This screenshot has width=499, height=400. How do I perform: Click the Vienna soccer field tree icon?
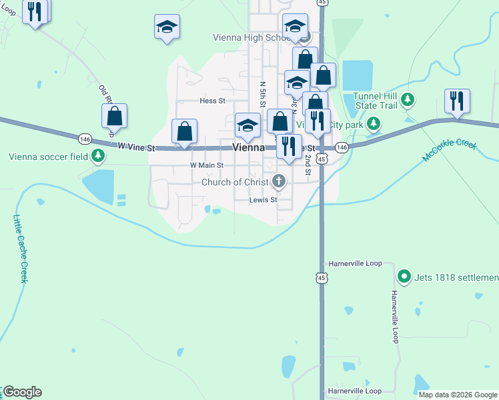[99, 156]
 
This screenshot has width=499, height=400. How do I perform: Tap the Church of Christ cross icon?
[279, 181]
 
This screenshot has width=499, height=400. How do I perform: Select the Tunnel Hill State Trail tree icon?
[408, 101]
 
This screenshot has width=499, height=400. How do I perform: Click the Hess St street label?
[213, 101]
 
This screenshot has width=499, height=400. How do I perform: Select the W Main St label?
[206, 165]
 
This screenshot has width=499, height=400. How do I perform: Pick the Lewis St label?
[263, 199]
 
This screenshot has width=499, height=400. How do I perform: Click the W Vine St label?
[136, 146]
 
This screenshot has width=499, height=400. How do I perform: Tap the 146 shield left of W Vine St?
[85, 139]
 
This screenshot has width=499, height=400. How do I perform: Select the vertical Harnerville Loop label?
[395, 316]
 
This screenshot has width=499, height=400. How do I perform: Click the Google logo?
[22, 392]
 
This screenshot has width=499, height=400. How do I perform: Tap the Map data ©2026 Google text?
[458, 395]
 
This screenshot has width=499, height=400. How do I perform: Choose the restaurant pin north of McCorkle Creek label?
[457, 101]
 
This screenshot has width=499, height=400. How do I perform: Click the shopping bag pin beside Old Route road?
[115, 116]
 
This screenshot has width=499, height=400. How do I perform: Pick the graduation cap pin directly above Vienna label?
[247, 125]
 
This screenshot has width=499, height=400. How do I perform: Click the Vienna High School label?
[250, 38]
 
